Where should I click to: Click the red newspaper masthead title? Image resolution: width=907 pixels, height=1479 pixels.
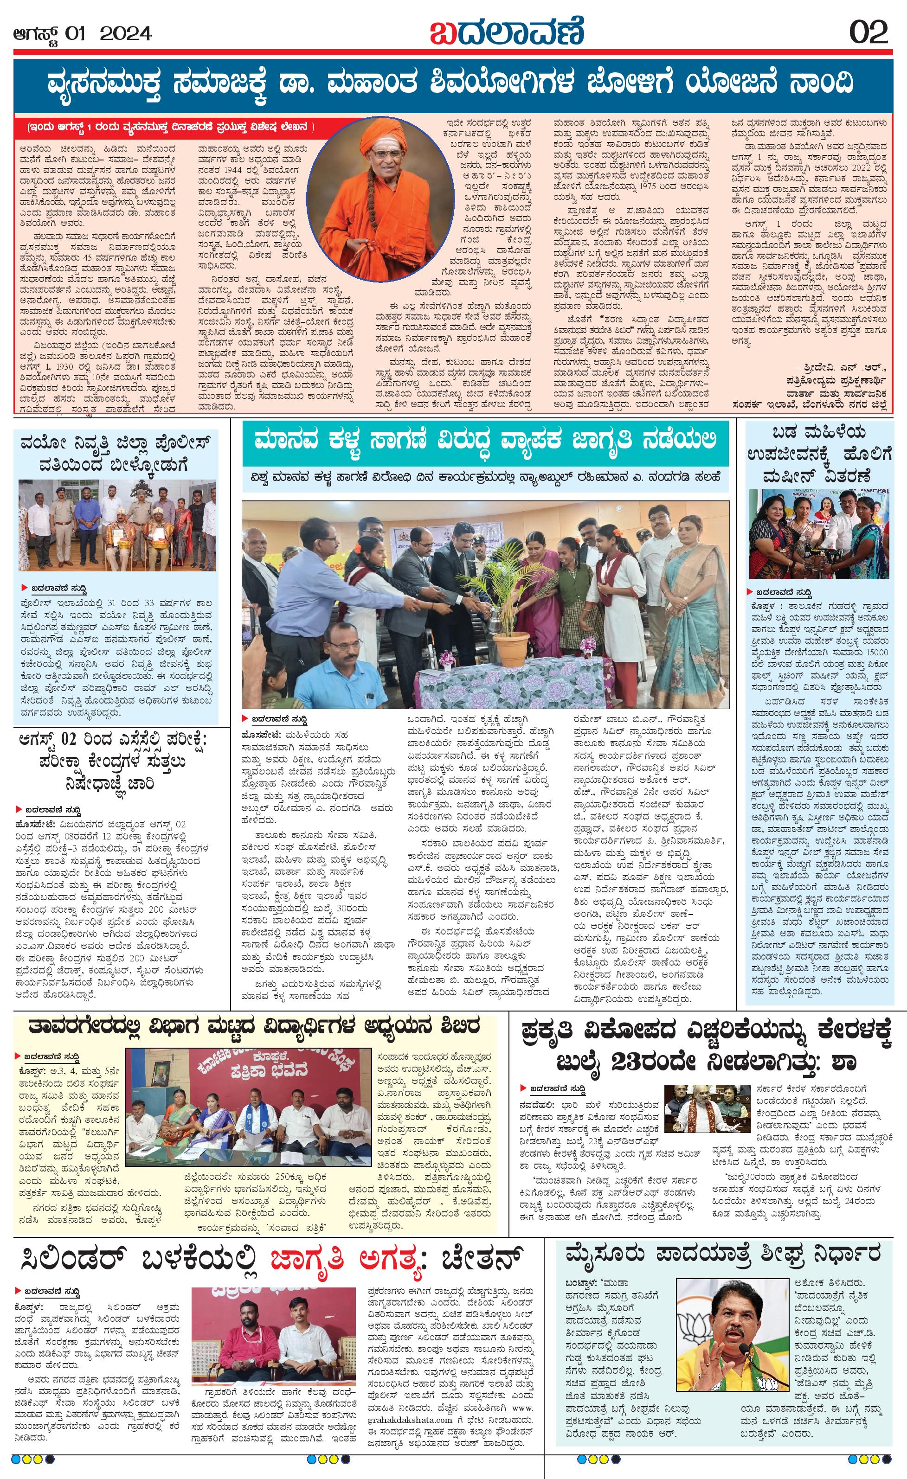(x=506, y=31)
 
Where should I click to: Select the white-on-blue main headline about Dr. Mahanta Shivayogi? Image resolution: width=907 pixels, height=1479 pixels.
(x=450, y=83)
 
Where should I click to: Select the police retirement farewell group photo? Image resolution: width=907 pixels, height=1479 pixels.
(x=117, y=528)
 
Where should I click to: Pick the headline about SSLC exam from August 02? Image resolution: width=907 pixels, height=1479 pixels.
(x=118, y=762)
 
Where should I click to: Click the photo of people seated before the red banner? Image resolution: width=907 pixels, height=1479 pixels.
(x=249, y=1107)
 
